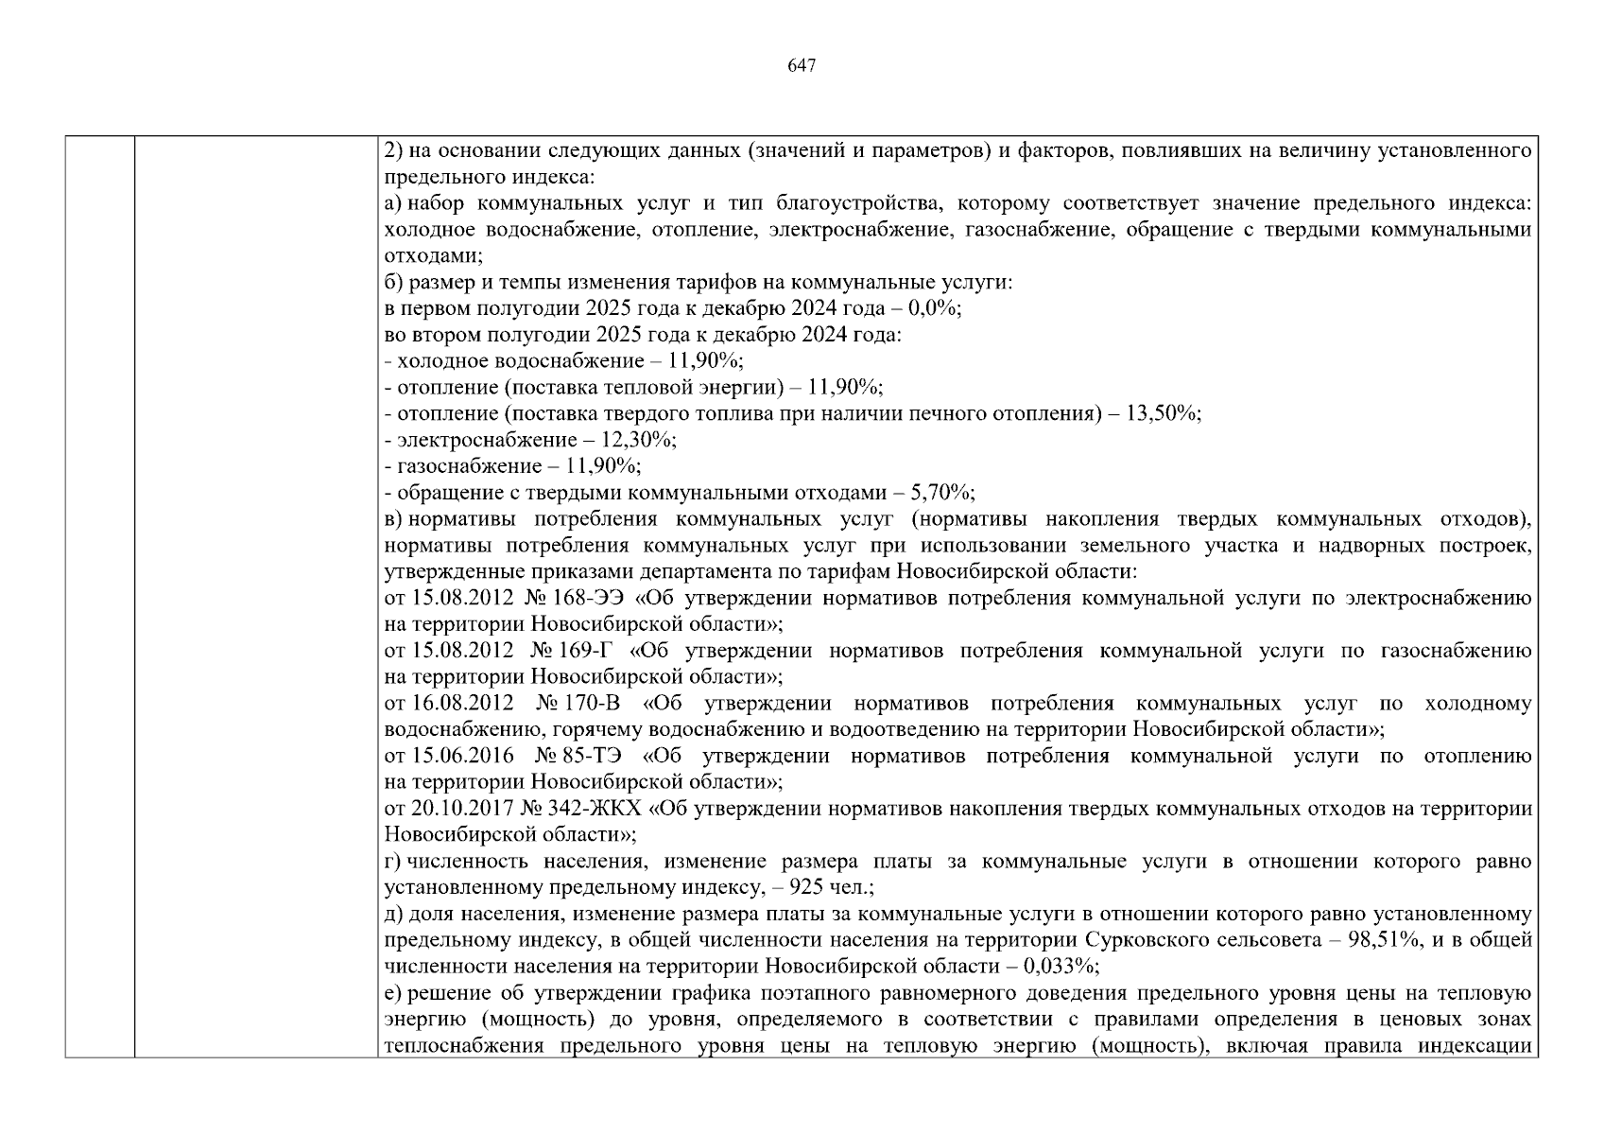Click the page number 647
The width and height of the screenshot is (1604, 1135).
click(x=801, y=65)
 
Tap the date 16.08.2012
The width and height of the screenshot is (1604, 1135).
click(x=463, y=704)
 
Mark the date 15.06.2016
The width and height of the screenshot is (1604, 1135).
click(x=463, y=756)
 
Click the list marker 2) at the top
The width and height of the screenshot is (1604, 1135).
click(x=394, y=150)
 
